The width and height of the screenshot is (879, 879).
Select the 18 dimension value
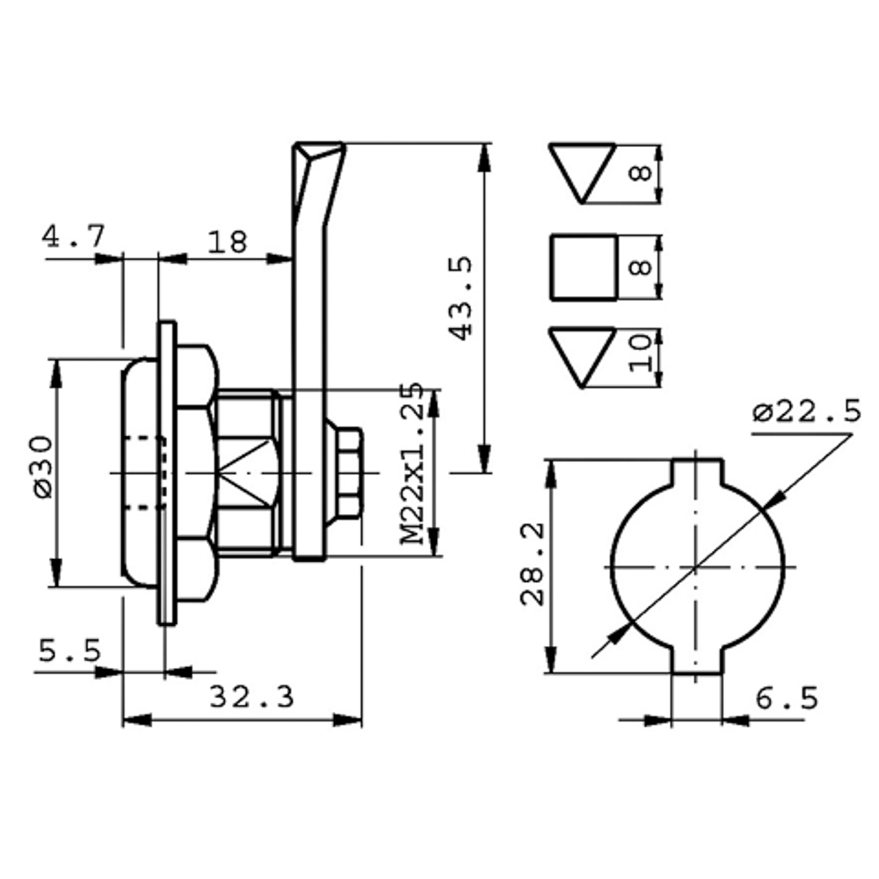pos(227,243)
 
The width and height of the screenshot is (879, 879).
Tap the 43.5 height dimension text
pos(461,298)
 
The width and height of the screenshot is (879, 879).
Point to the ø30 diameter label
pos(43,467)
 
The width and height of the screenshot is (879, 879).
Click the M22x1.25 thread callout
pos(412,463)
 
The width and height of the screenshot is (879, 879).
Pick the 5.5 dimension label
pos(70,650)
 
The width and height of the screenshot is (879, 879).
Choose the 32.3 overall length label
pos(251,698)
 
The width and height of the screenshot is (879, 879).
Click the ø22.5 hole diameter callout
pos(806,412)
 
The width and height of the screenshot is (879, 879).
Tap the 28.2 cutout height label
pos(533,564)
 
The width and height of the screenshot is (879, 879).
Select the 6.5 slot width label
pos(787,699)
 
